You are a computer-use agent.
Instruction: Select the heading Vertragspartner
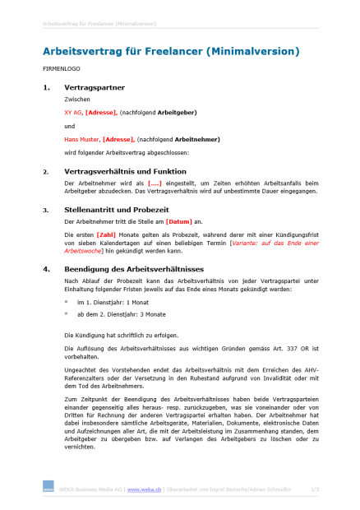95,86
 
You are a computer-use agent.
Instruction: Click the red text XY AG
72,112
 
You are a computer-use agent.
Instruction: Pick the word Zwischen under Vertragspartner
76,99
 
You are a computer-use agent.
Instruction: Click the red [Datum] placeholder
178,221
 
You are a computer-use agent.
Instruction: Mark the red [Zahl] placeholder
105,234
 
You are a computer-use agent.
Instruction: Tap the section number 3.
45,210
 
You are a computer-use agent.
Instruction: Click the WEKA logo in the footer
48,489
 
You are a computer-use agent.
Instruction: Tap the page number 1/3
315,489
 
